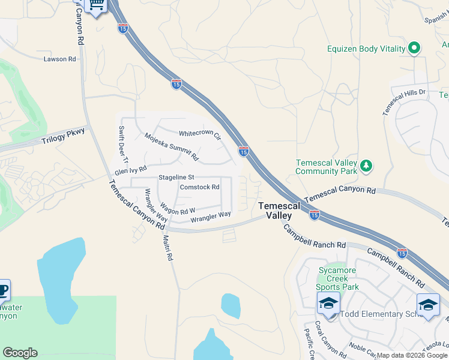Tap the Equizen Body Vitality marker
tap(414, 49)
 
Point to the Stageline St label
tap(176, 178)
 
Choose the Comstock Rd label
tap(200, 187)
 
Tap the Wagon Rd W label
tap(177, 211)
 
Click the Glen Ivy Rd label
tap(131, 171)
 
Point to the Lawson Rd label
tap(60, 59)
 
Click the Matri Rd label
tap(167, 247)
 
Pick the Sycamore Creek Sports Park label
tap(339, 278)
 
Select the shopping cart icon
tap(97, 6)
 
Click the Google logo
tap(20, 353)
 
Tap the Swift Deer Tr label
tap(123, 144)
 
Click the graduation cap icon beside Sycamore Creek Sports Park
tap(329, 303)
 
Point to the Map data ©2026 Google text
tap(412, 355)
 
